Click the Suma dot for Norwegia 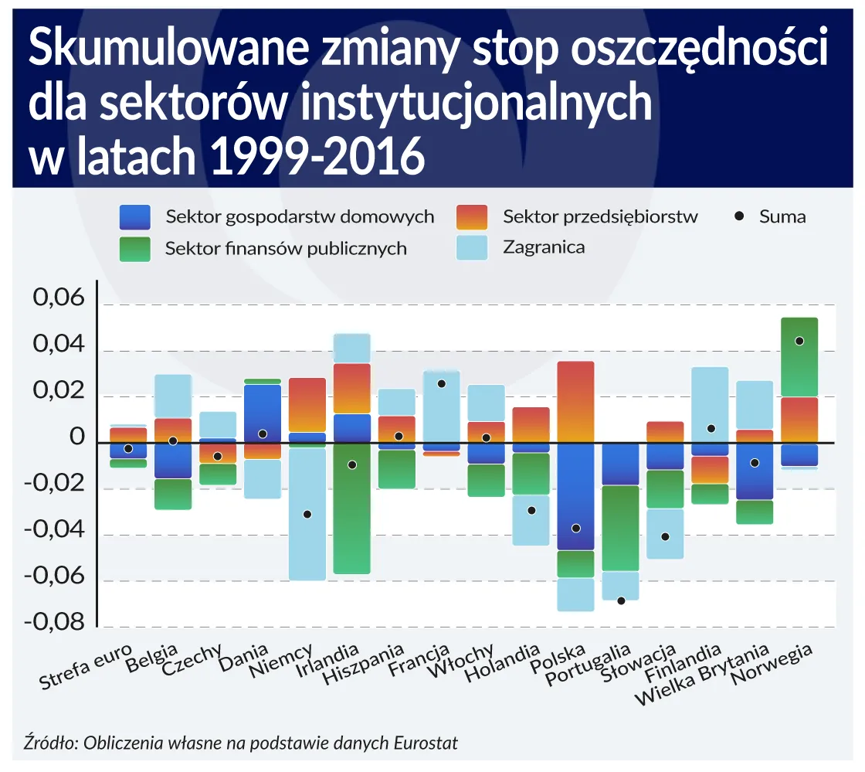(799, 341)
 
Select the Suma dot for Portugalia (621, 600)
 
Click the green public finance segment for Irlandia (352, 510)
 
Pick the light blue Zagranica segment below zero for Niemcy (307, 514)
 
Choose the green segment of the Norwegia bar (799, 357)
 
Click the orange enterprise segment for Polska (576, 402)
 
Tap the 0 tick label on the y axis (76, 437)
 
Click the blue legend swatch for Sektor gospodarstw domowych (141, 217)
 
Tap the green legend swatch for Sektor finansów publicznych (141, 249)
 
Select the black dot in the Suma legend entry (740, 217)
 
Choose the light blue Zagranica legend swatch (472, 248)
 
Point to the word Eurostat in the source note (426, 743)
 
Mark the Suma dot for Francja (442, 383)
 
